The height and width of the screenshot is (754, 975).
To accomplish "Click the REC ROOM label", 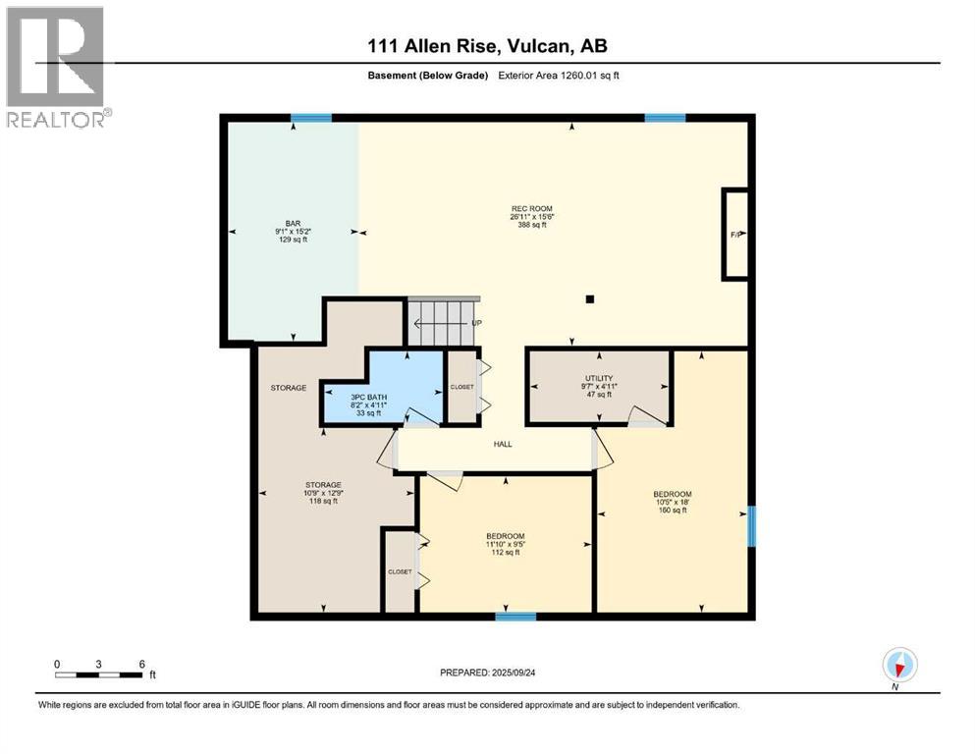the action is [531, 209].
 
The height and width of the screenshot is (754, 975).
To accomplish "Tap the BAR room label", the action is [293, 223].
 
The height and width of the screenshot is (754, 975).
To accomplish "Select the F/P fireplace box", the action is [735, 235].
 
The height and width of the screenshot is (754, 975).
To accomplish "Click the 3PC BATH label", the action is [369, 398].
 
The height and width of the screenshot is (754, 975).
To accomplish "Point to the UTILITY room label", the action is [599, 378].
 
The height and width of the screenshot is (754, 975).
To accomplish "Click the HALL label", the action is [503, 444].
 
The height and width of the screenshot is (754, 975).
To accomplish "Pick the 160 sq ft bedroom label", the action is [673, 494].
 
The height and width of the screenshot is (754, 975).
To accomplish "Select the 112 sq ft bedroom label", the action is [506, 536].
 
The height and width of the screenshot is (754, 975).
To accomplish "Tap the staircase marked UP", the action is [444, 321].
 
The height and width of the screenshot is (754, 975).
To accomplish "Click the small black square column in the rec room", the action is [590, 299].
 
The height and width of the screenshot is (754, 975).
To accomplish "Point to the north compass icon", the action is [899, 665].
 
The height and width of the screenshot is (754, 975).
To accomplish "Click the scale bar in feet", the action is [99, 674].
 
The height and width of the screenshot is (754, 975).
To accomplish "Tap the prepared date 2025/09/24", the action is [513, 673].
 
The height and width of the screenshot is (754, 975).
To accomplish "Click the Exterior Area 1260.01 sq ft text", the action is [559, 76].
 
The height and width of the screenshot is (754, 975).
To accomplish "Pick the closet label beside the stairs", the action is [462, 387].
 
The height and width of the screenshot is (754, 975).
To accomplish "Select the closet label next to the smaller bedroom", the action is [400, 571].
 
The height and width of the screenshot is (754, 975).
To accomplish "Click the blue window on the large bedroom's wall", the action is [752, 526].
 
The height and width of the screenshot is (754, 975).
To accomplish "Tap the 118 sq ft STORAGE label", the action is [323, 485].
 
